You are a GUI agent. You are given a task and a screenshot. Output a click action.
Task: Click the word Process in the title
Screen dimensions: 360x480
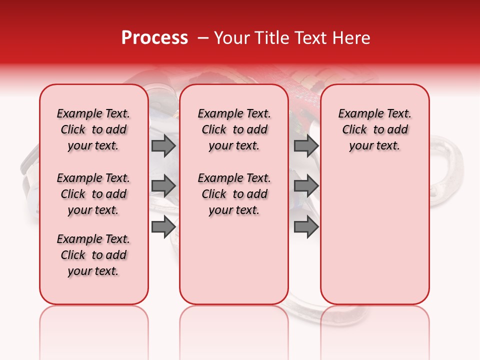[154, 38]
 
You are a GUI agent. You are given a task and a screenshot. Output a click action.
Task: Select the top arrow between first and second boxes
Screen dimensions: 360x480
[163, 145]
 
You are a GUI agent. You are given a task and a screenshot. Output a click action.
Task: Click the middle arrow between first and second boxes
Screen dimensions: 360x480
[163, 186]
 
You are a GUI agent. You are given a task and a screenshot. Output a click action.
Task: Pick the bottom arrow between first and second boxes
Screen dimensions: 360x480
[163, 226]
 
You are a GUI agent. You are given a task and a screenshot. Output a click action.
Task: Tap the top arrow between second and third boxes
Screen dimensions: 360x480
[306, 145]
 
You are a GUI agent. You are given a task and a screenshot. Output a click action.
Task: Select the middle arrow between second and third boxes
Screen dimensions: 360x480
[306, 186]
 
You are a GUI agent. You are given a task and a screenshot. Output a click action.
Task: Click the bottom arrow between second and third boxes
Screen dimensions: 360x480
[306, 226]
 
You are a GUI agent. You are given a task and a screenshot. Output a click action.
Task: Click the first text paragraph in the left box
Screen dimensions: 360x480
[93, 129]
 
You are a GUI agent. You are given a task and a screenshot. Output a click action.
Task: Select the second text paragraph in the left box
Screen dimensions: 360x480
[93, 194]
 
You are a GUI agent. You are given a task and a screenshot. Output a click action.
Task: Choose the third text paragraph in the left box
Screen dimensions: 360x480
[93, 255]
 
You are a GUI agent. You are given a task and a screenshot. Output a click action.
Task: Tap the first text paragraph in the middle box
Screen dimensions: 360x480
[234, 129]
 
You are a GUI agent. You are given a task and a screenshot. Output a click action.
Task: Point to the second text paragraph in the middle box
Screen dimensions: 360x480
[234, 194]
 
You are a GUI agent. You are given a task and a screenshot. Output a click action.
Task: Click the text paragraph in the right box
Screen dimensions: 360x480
[374, 129]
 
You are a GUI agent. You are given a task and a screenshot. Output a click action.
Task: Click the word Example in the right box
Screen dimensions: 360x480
[356, 113]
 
